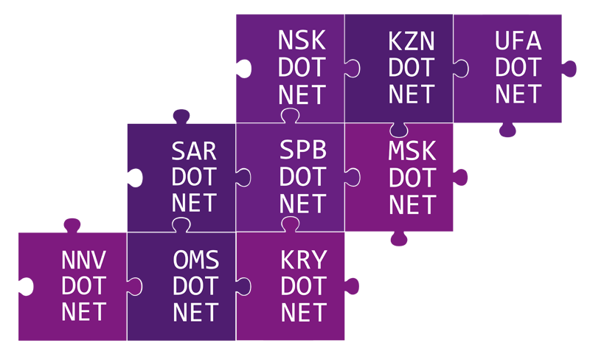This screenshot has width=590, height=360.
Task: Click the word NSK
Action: pyautogui.click(x=302, y=40)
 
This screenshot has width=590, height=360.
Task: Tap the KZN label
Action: pyautogui.click(x=412, y=41)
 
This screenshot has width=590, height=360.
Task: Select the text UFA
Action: pyautogui.click(x=518, y=41)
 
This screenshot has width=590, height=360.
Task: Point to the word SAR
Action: pyautogui.click(x=194, y=151)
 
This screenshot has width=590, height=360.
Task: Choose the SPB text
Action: pyautogui.click(x=303, y=150)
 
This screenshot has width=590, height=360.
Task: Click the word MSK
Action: pyautogui.click(x=412, y=150)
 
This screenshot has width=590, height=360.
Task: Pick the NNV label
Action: pyautogui.click(x=83, y=260)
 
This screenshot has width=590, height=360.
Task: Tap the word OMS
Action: pyautogui.click(x=195, y=260)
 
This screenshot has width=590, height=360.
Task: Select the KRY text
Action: pyautogui.click(x=304, y=260)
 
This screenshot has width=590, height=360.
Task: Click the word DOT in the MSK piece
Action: pyautogui.click(x=412, y=178)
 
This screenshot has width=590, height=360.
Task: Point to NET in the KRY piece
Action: pyautogui.click(x=304, y=313)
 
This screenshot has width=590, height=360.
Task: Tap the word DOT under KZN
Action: pyautogui.click(x=412, y=67)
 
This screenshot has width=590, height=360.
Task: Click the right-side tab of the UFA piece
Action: pyautogui.click(x=569, y=69)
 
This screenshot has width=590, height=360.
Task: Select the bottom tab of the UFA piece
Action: pyautogui.click(x=507, y=130)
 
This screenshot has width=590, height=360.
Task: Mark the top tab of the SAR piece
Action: pyautogui.click(x=181, y=117)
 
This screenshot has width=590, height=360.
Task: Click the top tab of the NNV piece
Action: pyautogui.click(x=72, y=225)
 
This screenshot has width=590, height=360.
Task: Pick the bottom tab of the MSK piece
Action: pyautogui.click(x=399, y=238)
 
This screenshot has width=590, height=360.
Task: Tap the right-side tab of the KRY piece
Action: pyautogui.click(x=352, y=286)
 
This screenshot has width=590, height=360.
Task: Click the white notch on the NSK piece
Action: pyautogui.click(x=244, y=69)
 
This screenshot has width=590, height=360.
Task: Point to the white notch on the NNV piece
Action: pyautogui.click(x=26, y=286)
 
